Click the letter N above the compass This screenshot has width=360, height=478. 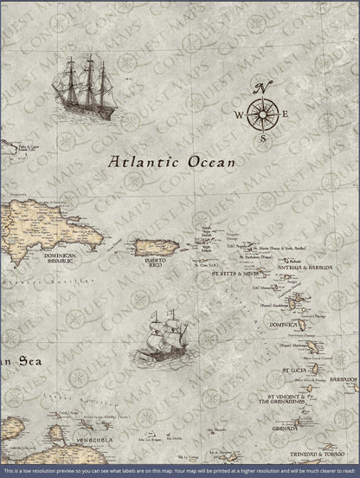tap(266, 85)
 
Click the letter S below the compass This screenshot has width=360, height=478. tap(264, 137)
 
